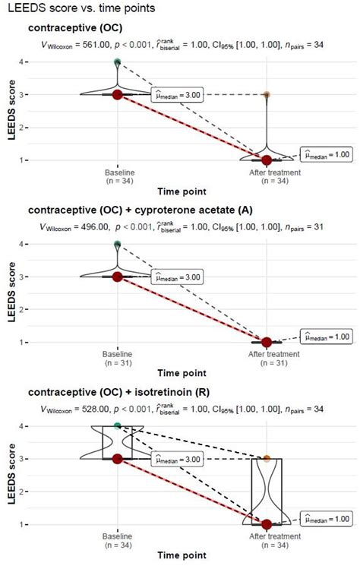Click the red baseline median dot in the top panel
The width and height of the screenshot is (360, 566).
pos(117,94)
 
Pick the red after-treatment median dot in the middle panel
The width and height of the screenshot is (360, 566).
pos(267,342)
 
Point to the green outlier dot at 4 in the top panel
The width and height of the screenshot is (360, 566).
pos(117,62)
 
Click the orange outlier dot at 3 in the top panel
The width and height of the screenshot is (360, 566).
pos(267,95)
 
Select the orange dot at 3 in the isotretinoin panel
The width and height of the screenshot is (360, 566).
pos(267,459)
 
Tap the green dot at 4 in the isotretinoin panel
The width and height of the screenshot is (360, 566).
pos(117,426)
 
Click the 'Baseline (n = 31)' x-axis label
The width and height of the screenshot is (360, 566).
pos(117,359)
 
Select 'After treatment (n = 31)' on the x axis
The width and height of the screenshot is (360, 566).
pos(267,359)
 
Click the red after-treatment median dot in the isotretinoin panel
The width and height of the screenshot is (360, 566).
pos(267,524)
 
